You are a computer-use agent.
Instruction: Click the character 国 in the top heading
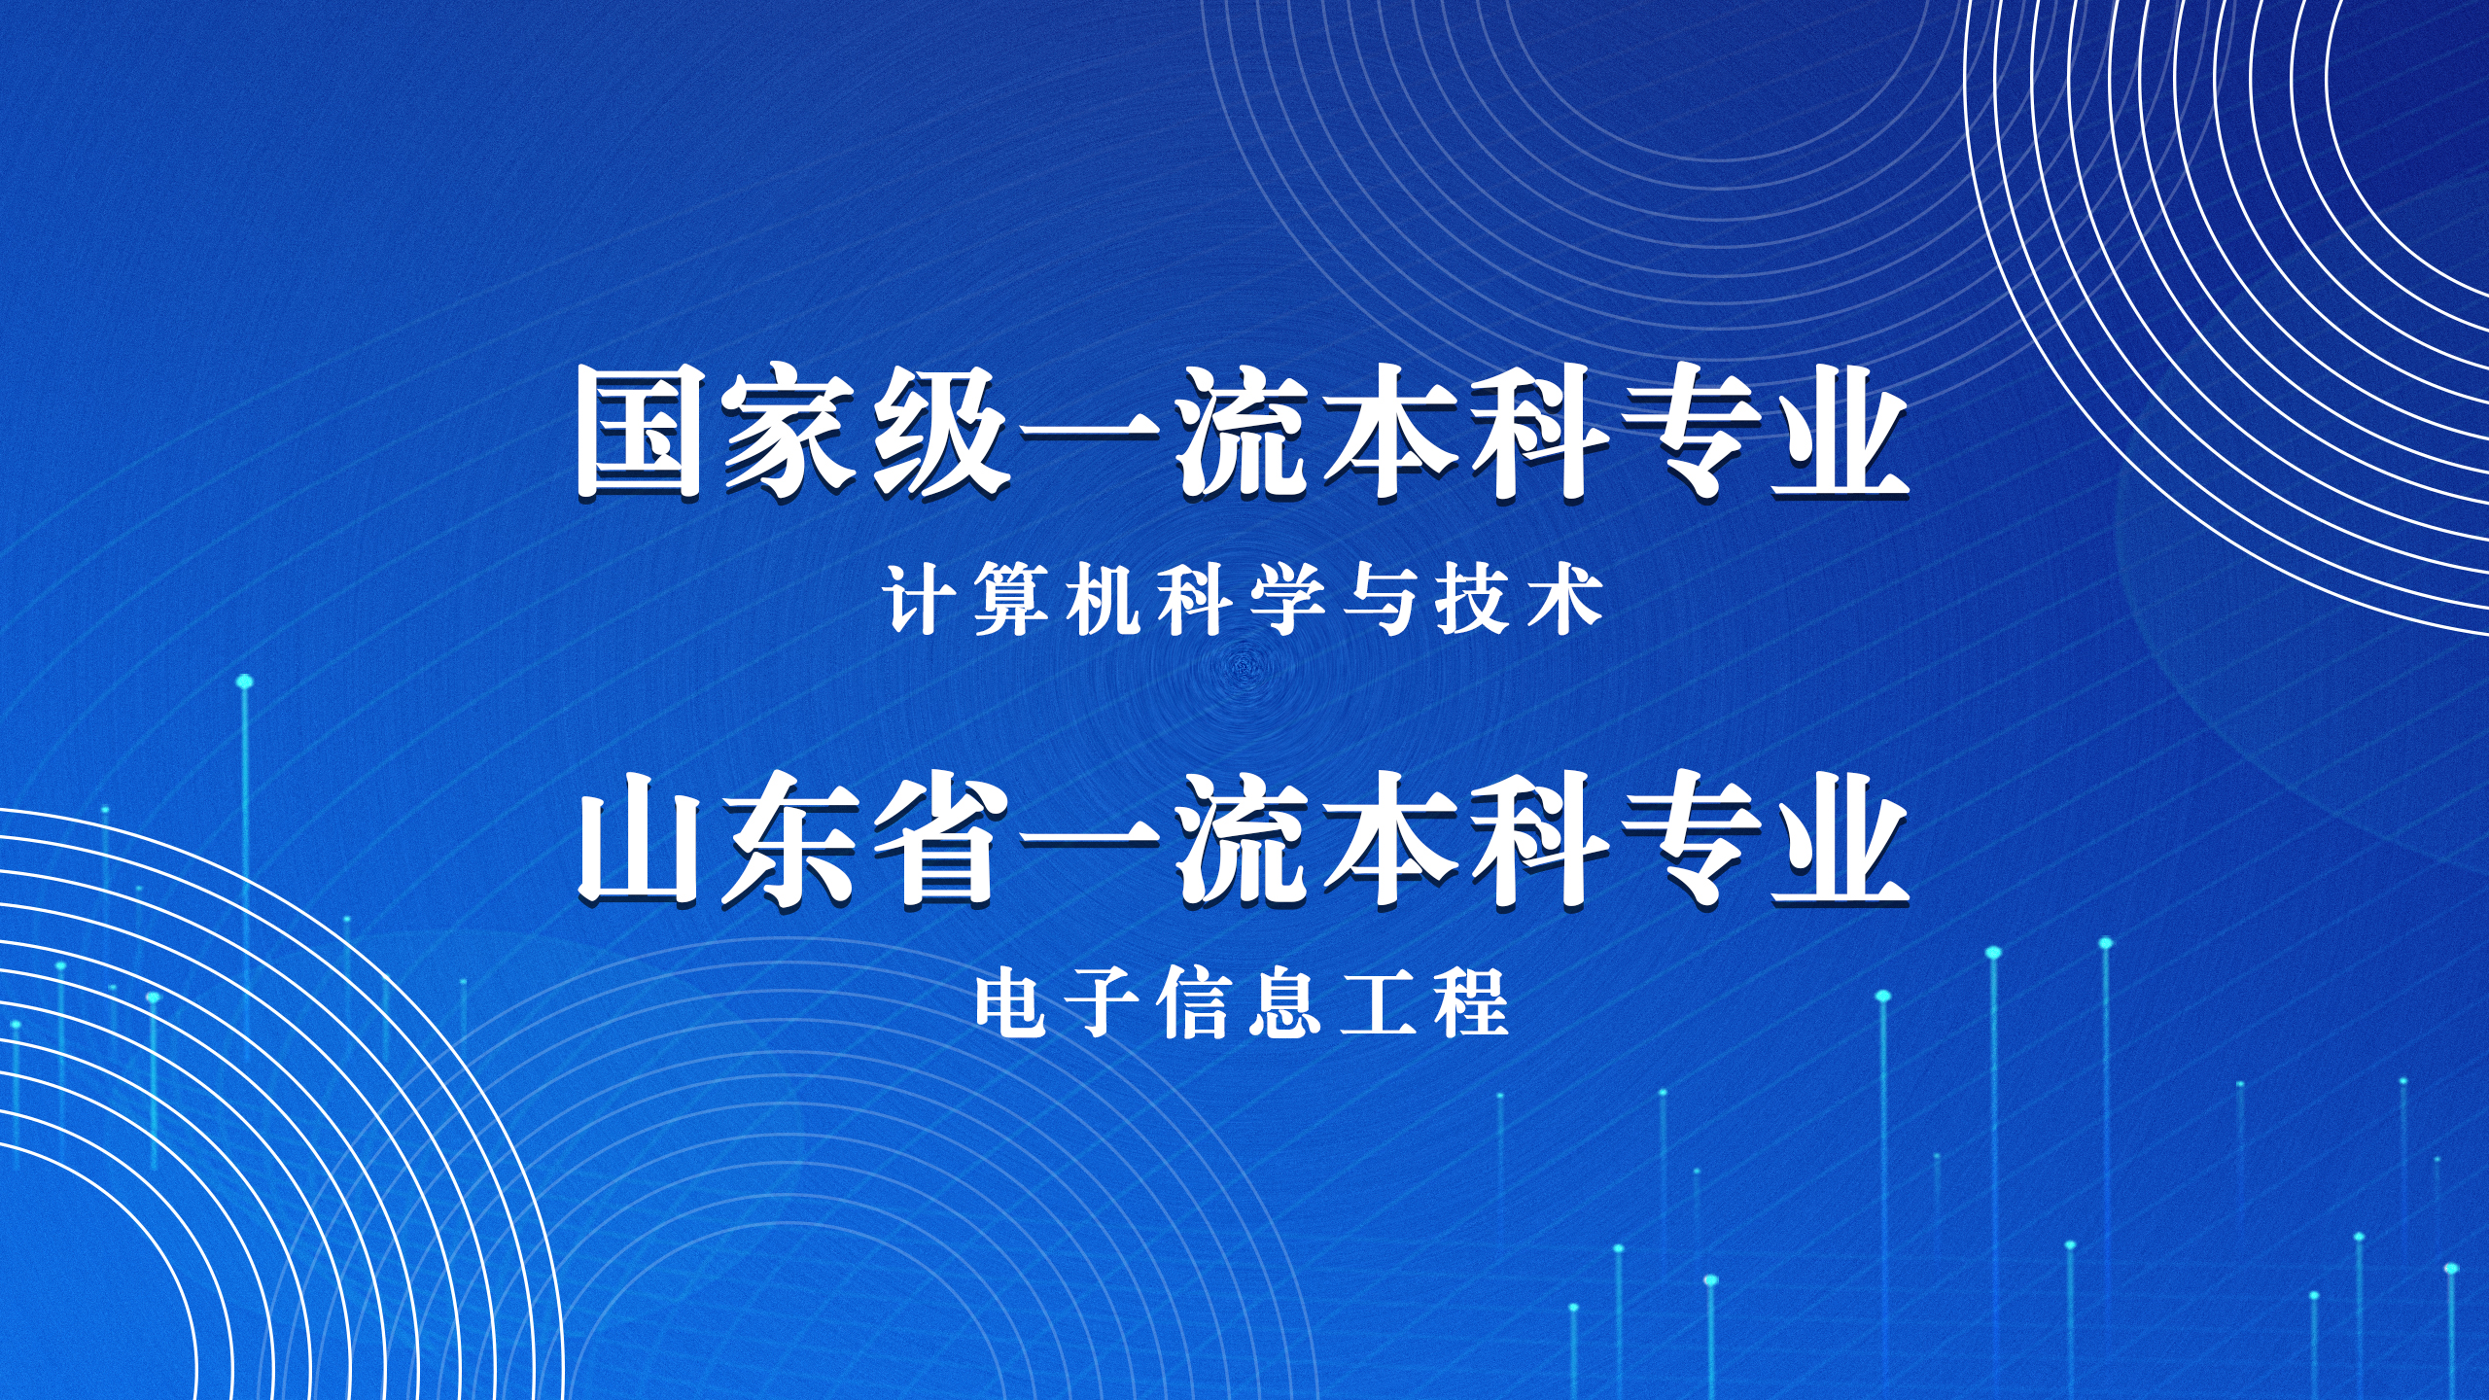639,432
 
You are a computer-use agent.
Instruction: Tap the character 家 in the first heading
789,432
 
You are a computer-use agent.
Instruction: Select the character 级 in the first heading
937,432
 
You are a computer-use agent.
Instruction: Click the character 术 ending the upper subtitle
1564,600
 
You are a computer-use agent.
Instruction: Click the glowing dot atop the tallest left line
245,682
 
